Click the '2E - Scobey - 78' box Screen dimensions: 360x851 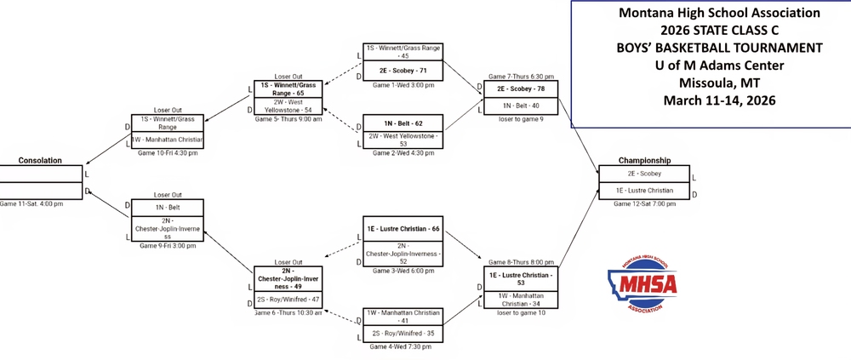pos(522,89)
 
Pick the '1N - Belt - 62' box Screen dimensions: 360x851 pos(402,123)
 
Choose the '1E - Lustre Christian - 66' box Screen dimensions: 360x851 pos(402,229)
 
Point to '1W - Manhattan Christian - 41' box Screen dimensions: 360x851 pos(402,317)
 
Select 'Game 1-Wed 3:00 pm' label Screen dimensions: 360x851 pos(402,85)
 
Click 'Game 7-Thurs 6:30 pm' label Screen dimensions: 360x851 pos(522,76)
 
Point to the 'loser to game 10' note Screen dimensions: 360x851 pos(522,313)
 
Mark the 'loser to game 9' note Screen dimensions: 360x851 pos(522,119)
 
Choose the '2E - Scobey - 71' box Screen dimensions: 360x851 pos(402,70)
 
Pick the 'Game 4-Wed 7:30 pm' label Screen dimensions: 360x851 pos(402,346)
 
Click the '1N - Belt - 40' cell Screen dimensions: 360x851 pos(522,106)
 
